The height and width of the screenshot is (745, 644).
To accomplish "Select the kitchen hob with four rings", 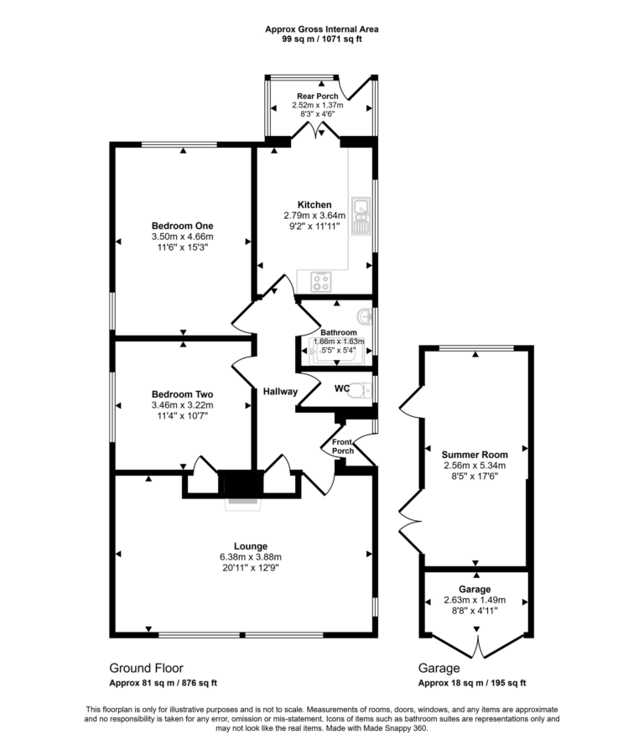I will [x=321, y=281].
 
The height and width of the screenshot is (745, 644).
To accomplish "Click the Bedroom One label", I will [x=182, y=226].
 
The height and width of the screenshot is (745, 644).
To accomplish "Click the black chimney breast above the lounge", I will [x=241, y=485].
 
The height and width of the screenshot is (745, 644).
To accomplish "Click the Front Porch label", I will [x=343, y=445].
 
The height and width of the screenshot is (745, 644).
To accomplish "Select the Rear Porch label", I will [x=318, y=96].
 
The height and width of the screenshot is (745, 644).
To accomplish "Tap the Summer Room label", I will [x=475, y=454].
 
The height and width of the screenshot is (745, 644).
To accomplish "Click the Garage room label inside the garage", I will [x=475, y=590].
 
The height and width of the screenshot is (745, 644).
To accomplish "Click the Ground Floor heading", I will [x=146, y=669].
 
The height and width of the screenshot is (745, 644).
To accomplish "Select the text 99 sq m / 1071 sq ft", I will [x=322, y=39].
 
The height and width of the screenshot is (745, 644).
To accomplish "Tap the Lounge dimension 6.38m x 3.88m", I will [x=251, y=556].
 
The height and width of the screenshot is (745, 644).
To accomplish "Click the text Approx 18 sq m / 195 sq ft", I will [x=472, y=683].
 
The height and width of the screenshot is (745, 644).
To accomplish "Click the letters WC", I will [x=341, y=388].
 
